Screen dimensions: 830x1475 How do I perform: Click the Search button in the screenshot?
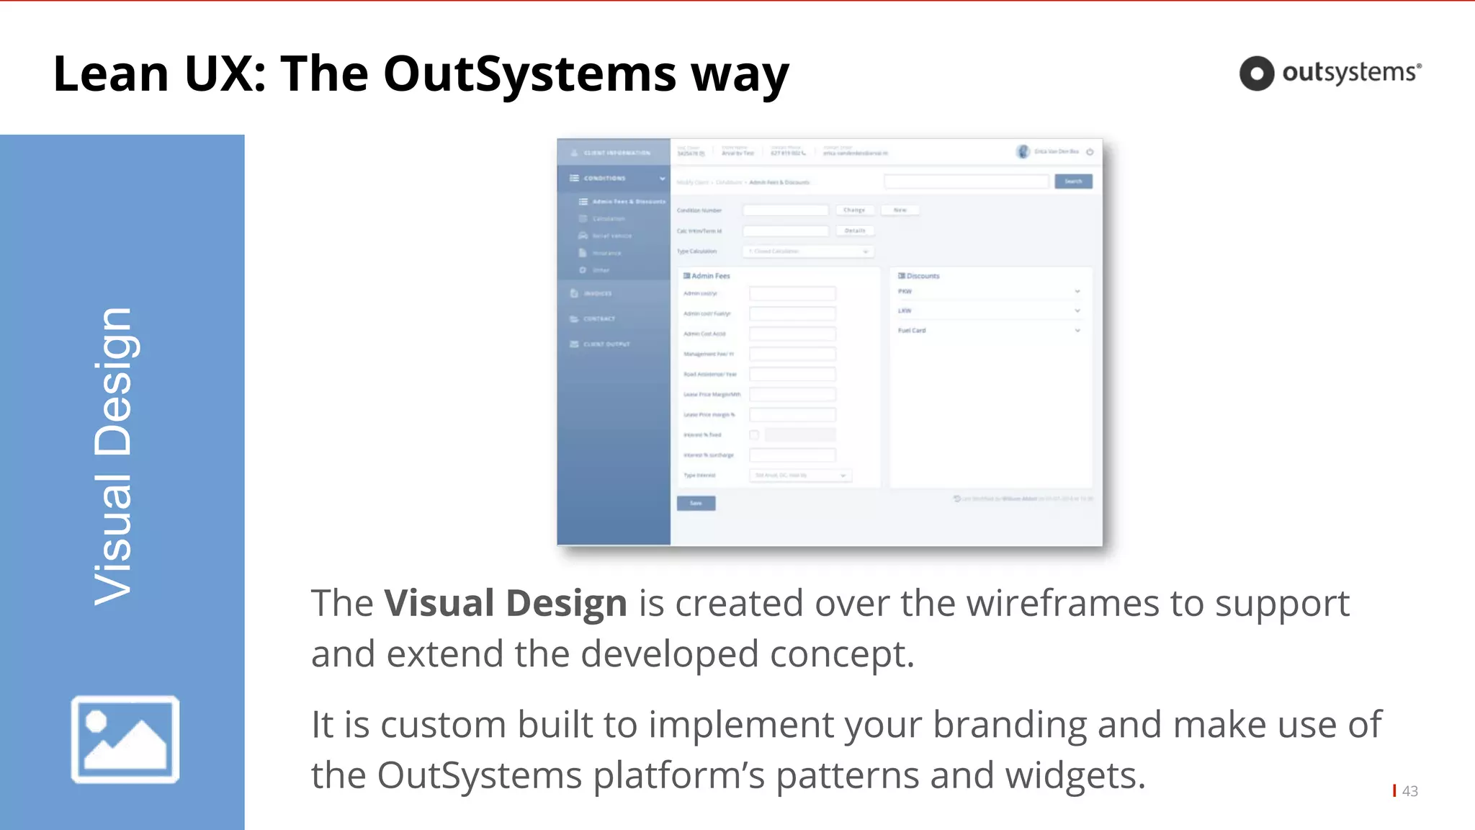coord(1073,182)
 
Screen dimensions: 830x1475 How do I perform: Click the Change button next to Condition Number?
coord(855,210)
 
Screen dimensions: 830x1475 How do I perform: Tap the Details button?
coord(855,231)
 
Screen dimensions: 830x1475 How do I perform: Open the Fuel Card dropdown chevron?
coord(1077,331)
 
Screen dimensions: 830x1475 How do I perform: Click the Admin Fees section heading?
coord(707,276)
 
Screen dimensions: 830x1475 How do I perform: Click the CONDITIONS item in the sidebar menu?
coord(604,178)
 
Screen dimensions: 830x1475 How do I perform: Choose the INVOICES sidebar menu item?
coord(597,293)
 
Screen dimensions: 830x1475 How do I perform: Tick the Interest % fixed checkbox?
coord(754,434)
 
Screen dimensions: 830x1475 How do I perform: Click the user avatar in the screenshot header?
coord(1023,151)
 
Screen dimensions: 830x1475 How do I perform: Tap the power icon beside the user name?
coord(1090,152)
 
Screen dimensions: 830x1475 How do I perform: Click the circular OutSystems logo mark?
coord(1257,73)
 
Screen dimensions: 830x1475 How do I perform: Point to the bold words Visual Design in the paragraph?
coord(505,603)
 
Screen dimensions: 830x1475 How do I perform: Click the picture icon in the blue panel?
coord(125,739)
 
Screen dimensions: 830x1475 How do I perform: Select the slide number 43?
coord(1409,791)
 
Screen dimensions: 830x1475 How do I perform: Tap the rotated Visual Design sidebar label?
coord(114,455)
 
